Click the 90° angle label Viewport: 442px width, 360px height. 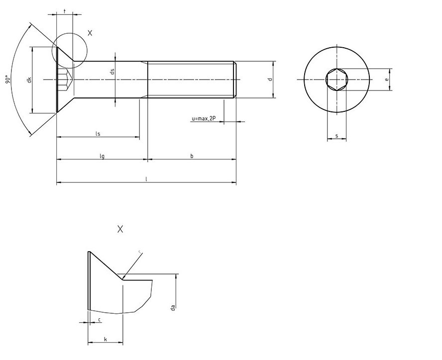point(7,80)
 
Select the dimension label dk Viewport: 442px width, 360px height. point(30,80)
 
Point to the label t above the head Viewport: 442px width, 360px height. point(65,10)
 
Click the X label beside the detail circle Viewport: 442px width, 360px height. point(90,33)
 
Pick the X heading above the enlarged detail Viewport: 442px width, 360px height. point(120,229)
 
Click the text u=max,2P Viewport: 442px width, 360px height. point(203,118)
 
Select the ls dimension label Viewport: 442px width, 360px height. point(98,133)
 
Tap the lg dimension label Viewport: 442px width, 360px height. point(102,156)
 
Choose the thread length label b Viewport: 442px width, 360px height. point(192,156)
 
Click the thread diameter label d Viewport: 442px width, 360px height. point(269,80)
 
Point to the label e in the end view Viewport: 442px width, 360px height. point(386,80)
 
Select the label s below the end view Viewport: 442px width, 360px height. point(337,135)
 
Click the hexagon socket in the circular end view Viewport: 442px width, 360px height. point(337,80)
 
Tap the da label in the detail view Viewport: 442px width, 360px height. point(172,308)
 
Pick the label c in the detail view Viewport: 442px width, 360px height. point(100,319)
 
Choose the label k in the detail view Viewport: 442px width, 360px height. point(105,339)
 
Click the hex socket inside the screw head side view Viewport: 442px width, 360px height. point(65,80)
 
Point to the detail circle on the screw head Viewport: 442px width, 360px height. point(70,50)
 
